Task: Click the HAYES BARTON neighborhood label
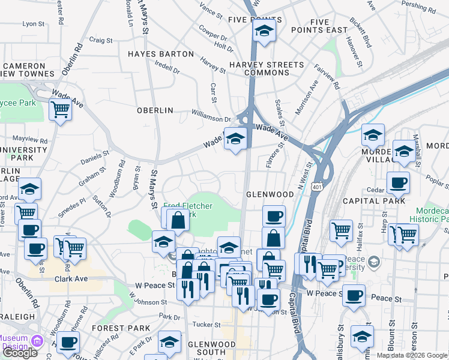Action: [161, 54]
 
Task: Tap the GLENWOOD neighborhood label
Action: [270, 195]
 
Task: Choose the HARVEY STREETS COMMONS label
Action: [267, 68]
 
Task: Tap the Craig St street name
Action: [101, 40]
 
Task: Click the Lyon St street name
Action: [30, 24]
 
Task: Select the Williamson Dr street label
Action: [211, 112]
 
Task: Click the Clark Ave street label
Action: [70, 279]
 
